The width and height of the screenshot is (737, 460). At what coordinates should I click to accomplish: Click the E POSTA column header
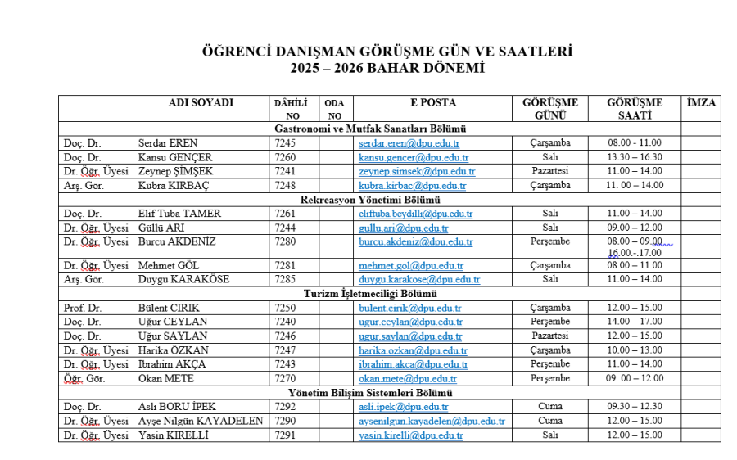click(x=433, y=103)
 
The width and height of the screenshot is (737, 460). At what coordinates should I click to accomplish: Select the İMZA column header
click(x=701, y=103)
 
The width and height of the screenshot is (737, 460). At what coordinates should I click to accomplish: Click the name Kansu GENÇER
click(x=175, y=157)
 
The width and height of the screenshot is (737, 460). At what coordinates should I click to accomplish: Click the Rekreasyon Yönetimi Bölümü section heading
click(x=370, y=200)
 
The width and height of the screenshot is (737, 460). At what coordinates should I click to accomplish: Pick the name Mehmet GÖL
click(x=170, y=266)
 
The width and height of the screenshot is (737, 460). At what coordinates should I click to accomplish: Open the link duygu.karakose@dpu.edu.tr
click(x=419, y=280)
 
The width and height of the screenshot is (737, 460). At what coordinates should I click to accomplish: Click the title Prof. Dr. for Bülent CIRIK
click(x=81, y=309)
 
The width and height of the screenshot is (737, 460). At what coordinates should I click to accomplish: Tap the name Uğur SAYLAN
click(x=173, y=336)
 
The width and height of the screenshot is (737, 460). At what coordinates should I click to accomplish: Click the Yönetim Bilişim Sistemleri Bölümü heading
click(x=370, y=393)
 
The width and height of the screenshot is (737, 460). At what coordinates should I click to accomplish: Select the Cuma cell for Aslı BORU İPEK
click(x=550, y=407)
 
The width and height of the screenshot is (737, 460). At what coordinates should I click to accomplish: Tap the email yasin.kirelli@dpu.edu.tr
click(x=411, y=435)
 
